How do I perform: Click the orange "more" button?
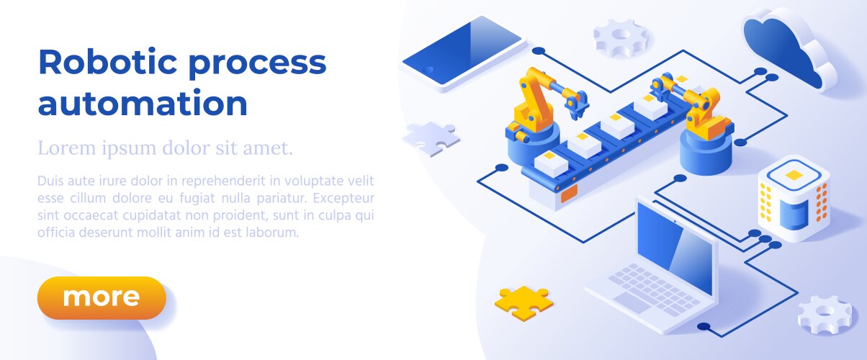102,297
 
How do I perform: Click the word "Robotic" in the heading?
108,62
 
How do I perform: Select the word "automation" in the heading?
143,103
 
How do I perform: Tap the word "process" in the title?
257,65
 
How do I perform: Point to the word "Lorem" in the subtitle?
66,148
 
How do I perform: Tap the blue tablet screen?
462,50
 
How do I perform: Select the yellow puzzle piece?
524,302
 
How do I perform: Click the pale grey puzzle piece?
431,138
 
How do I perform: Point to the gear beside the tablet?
621,38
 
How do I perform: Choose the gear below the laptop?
825,315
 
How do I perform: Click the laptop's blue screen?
675,247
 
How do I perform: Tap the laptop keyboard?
654,289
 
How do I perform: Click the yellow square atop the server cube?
794,175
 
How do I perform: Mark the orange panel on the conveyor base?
569,194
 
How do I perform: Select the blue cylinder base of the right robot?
706,152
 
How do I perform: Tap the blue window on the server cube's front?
794,215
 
